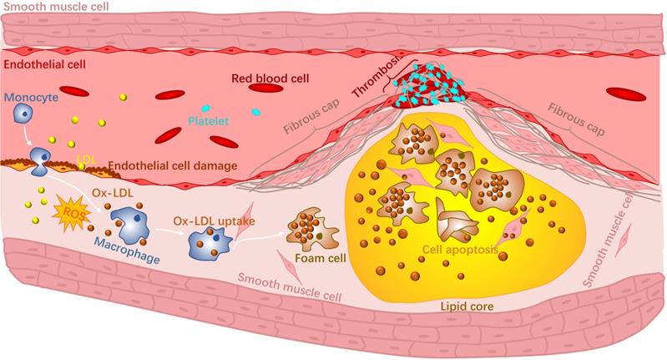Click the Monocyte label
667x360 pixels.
28,97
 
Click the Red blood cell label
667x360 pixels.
265,79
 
